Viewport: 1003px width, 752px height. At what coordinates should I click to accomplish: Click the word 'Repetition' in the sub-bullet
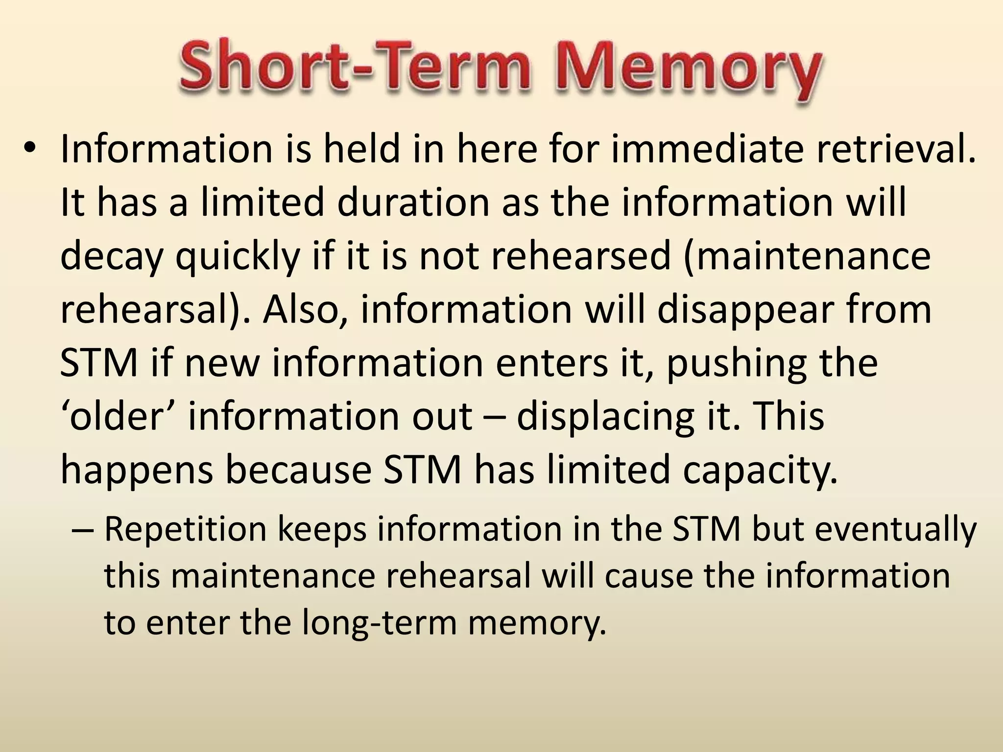coord(186,529)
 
